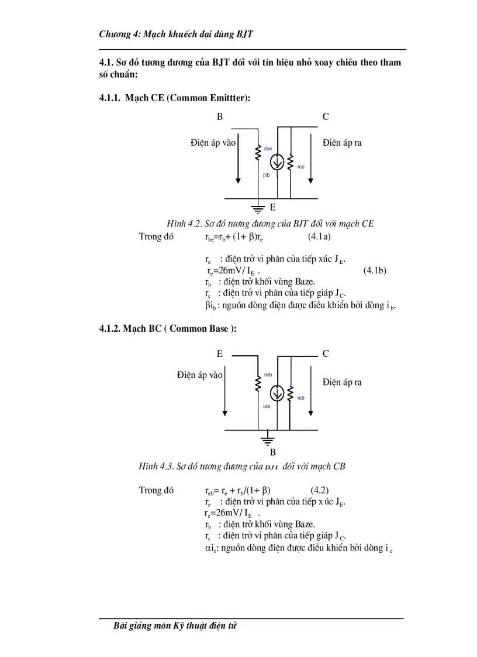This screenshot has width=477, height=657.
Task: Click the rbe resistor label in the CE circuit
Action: [x=268, y=149]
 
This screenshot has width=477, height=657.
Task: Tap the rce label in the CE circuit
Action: [x=300, y=167]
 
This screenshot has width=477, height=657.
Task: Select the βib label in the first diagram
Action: [x=266, y=175]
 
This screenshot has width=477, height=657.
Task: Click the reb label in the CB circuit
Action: [x=268, y=374]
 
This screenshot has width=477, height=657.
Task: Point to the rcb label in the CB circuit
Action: [x=300, y=398]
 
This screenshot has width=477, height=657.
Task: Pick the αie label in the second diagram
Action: [x=266, y=405]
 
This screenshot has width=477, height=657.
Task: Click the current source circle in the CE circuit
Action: [x=278, y=163]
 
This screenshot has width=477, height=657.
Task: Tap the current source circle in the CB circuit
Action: [x=278, y=394]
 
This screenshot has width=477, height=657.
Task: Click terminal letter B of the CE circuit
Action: [x=220, y=117]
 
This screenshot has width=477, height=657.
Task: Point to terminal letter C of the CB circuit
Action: [x=326, y=354]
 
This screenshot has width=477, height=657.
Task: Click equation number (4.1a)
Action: [x=319, y=237]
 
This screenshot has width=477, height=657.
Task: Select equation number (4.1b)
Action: [x=375, y=270]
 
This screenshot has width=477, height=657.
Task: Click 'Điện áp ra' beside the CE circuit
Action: [x=342, y=143]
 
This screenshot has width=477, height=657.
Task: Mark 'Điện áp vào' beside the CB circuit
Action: [x=199, y=375]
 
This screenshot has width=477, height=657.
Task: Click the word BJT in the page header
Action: [x=244, y=35]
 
